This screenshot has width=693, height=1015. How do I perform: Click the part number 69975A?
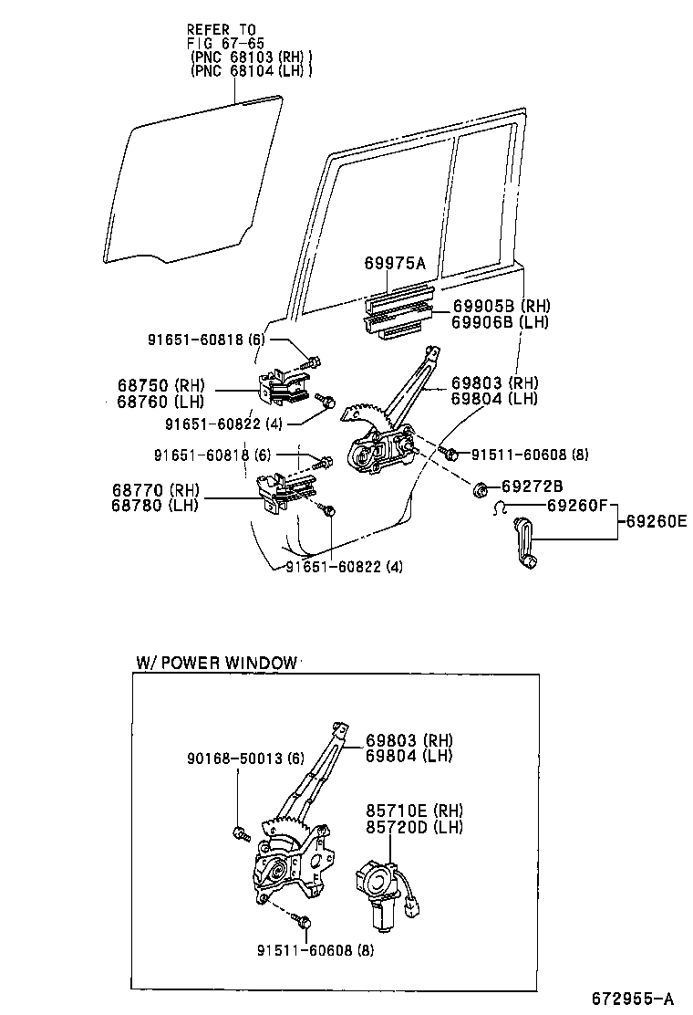[x=395, y=265]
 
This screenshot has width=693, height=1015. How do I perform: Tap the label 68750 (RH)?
[x=161, y=384]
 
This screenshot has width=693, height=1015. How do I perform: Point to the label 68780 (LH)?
[x=160, y=507]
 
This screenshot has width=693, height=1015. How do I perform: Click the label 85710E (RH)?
[x=414, y=811]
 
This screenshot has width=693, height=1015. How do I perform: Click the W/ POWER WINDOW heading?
[x=217, y=663]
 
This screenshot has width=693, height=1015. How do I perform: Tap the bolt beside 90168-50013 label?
[x=239, y=832]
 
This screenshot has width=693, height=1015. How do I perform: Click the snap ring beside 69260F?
[x=501, y=508]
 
